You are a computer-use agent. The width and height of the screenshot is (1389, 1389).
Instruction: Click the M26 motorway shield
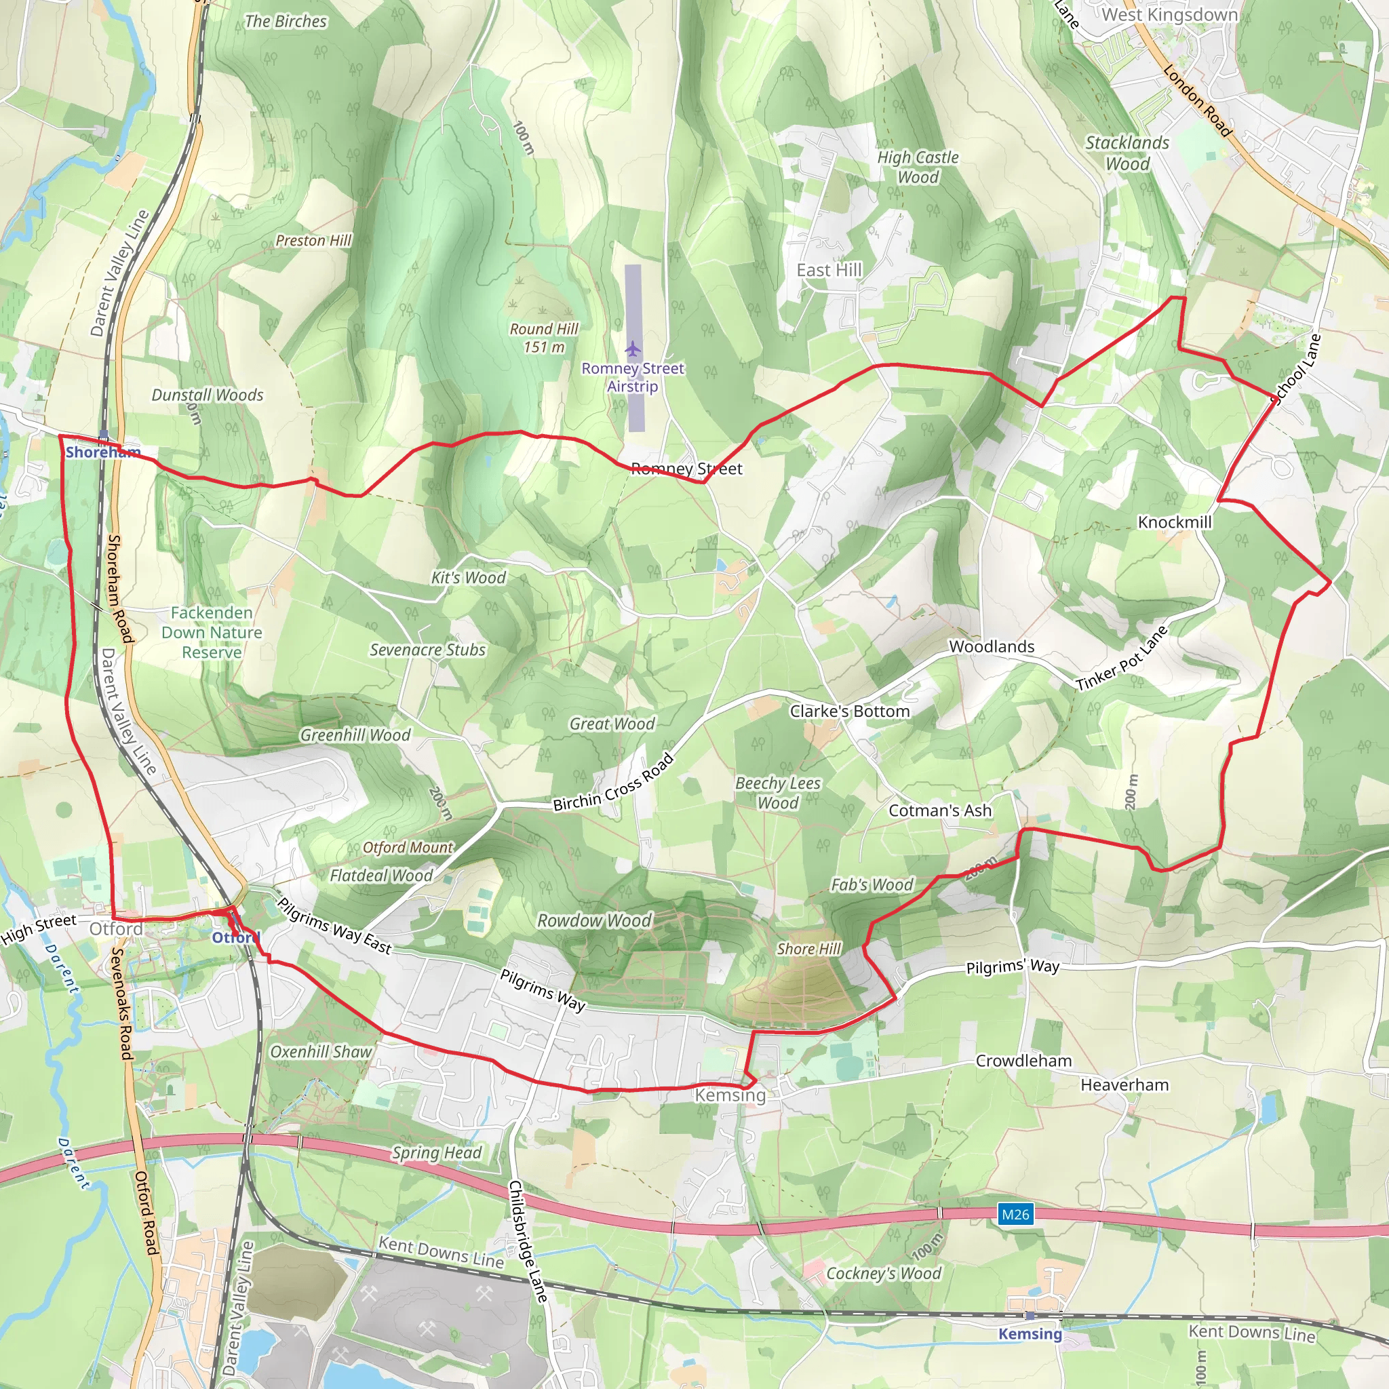pos(1015,1214)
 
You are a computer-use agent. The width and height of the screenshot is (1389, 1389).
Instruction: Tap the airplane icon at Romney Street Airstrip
pos(633,349)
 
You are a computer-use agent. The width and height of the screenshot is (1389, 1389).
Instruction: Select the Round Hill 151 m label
pos(543,338)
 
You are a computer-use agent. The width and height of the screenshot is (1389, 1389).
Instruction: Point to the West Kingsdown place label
pos(1169,15)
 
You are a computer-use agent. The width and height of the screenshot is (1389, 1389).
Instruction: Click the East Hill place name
pos(829,271)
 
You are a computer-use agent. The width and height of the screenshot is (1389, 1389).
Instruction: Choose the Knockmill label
pos(1175,522)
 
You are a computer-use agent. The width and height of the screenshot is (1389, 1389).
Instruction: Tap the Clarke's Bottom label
pos(850,711)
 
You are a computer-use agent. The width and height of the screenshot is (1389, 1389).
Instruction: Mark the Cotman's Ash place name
pos(939,810)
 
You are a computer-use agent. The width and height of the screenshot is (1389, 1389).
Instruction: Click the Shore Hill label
pos(809,949)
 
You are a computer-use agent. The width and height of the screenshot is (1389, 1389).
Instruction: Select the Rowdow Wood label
pos(595,920)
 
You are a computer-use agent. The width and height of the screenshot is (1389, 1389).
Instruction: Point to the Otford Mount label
pos(408,848)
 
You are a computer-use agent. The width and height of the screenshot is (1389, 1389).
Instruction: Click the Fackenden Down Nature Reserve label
pos(212,633)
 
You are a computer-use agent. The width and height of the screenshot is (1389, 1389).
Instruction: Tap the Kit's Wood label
pos(469,577)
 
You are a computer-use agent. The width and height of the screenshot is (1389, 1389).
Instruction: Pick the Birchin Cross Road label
pos(613,783)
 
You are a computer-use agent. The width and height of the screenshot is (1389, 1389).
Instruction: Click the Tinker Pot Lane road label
pos(1122,659)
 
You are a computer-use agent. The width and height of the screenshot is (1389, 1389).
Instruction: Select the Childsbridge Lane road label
pos(528,1241)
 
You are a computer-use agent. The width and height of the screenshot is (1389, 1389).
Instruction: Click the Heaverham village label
pos(1124,1085)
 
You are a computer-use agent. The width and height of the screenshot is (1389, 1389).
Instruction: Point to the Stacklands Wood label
pos(1127,153)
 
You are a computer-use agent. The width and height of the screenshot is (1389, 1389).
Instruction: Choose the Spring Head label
pos(436,1152)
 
